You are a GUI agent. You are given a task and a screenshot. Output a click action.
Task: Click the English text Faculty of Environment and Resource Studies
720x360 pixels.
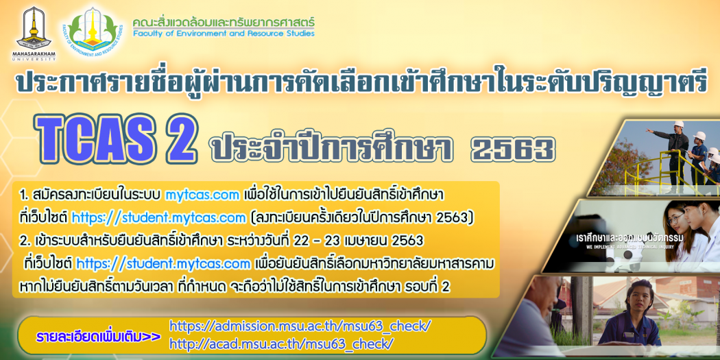[x=224, y=33]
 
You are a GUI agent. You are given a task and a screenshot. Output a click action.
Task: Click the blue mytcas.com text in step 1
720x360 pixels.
[x=202, y=195]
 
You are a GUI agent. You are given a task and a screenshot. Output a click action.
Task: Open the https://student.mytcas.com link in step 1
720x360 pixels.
[x=158, y=218]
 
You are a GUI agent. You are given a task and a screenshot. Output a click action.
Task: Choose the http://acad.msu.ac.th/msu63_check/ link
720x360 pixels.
[x=281, y=343]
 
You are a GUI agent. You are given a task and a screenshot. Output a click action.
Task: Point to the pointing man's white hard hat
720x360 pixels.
[x=679, y=124]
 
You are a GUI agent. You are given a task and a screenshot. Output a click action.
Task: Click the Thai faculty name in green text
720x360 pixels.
[x=224, y=22]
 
